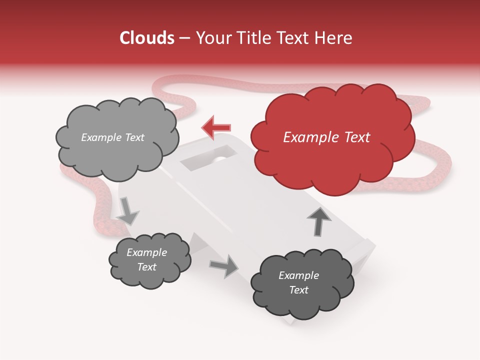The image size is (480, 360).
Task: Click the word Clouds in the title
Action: tap(147, 38)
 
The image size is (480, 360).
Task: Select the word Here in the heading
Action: tap(333, 38)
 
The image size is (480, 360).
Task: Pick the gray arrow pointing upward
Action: tap(318, 220)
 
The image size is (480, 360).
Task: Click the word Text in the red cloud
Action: tap(357, 137)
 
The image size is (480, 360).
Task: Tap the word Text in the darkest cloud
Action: tap(299, 290)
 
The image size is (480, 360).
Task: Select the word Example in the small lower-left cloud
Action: tap(147, 252)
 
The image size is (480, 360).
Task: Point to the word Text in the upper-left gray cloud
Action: tap(133, 137)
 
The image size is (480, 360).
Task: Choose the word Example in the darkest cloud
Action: tap(299, 275)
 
